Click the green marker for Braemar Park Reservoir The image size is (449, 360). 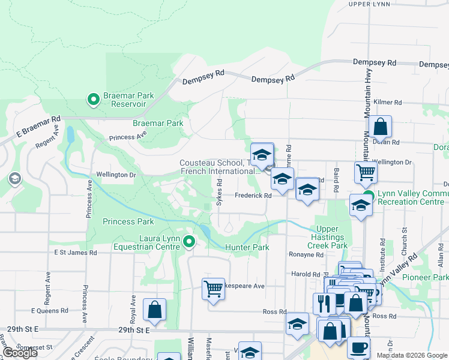click(93, 100)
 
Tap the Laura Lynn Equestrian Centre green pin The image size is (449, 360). click(189, 242)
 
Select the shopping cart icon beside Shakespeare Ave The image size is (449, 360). click(213, 289)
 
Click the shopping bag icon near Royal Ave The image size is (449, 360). click(154, 309)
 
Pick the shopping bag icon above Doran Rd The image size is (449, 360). click(380, 127)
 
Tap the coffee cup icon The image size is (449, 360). click(358, 347)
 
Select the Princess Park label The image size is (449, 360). click(128, 221)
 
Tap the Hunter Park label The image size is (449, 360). click(247, 247)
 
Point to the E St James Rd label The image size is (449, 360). click(76, 253)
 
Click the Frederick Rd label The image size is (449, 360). click(253, 195)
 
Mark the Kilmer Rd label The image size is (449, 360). click(387, 103)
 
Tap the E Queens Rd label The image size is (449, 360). click(50, 311)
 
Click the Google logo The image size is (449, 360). click(20, 353)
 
